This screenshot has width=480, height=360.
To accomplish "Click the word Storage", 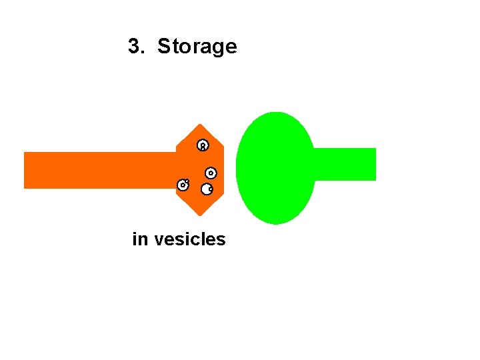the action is pos(197,47).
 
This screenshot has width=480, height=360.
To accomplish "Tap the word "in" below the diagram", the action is pos(140,239).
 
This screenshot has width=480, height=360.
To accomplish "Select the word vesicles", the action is pos(190,239).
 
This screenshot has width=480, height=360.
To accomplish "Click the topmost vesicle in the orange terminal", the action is pos(203,145).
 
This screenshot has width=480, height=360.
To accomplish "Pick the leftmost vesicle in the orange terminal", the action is pos(182,185).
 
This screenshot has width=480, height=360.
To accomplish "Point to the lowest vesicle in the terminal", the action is pos(207,189).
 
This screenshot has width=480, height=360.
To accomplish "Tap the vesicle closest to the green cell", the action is pos(211,173).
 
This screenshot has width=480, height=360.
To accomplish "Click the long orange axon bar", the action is pos(100,170).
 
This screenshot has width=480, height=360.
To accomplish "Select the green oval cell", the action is pos(275,167).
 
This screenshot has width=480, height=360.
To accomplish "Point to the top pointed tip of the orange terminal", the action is pos(199,125).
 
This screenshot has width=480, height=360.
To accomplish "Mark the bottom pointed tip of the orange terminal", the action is pos(199,215).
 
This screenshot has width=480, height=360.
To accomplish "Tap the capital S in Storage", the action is pos(163,47).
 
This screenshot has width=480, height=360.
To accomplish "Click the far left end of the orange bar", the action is pos(27,170).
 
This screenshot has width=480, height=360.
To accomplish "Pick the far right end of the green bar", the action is pos(373,164).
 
